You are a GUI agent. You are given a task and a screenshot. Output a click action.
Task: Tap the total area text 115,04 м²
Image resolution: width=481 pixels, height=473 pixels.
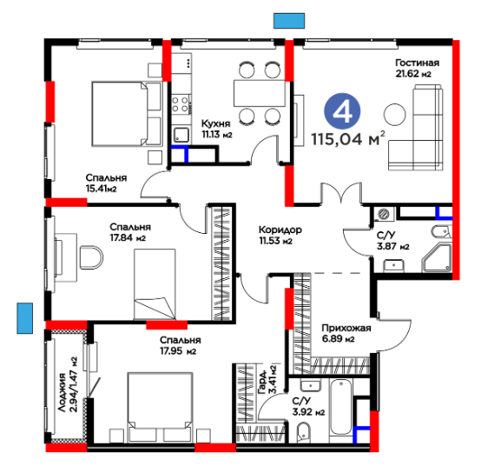pos(348,139)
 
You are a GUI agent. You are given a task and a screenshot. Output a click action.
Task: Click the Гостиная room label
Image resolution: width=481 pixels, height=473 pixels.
pos(418,63)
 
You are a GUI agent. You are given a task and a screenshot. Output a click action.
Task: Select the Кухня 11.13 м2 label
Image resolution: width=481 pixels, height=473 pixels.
pos(216,129)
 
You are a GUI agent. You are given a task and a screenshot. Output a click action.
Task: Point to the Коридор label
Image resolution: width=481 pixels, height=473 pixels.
pos(280,230)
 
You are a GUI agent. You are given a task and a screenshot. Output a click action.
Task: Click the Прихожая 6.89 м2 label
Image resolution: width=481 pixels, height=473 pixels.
pos(346,333)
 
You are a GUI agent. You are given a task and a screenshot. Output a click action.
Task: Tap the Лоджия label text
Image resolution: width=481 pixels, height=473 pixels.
pos(63,392)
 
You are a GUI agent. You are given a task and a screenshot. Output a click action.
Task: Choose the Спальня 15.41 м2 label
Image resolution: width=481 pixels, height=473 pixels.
pos(106,183)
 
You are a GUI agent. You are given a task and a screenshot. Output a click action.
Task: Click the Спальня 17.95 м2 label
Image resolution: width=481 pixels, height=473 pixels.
pos(181,345)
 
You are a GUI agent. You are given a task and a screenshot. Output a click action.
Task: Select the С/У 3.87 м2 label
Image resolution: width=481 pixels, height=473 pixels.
pos(393,241)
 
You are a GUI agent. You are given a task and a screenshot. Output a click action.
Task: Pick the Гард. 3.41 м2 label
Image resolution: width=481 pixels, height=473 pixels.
pos(267,380)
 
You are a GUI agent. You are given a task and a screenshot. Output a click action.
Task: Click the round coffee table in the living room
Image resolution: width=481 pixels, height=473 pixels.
pos(395,114)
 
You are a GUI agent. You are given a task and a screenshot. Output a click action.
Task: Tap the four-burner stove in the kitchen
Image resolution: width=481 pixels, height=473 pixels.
pos(180,104)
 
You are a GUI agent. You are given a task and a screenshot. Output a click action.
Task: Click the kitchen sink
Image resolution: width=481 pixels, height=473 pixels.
pos(181,135)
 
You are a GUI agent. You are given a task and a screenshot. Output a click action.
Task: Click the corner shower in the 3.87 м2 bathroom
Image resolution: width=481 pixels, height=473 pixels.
pos(437,258)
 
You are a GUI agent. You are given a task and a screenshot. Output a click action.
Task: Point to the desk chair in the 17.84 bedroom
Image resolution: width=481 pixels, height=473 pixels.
pos(91,257)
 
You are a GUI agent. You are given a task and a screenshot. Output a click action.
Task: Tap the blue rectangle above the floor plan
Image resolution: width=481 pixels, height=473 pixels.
pos(289,21)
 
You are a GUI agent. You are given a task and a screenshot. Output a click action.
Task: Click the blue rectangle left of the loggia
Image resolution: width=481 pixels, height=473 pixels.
pos(25,318)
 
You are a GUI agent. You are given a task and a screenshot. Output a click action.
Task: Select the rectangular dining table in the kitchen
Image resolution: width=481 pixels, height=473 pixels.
pos(260,93)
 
